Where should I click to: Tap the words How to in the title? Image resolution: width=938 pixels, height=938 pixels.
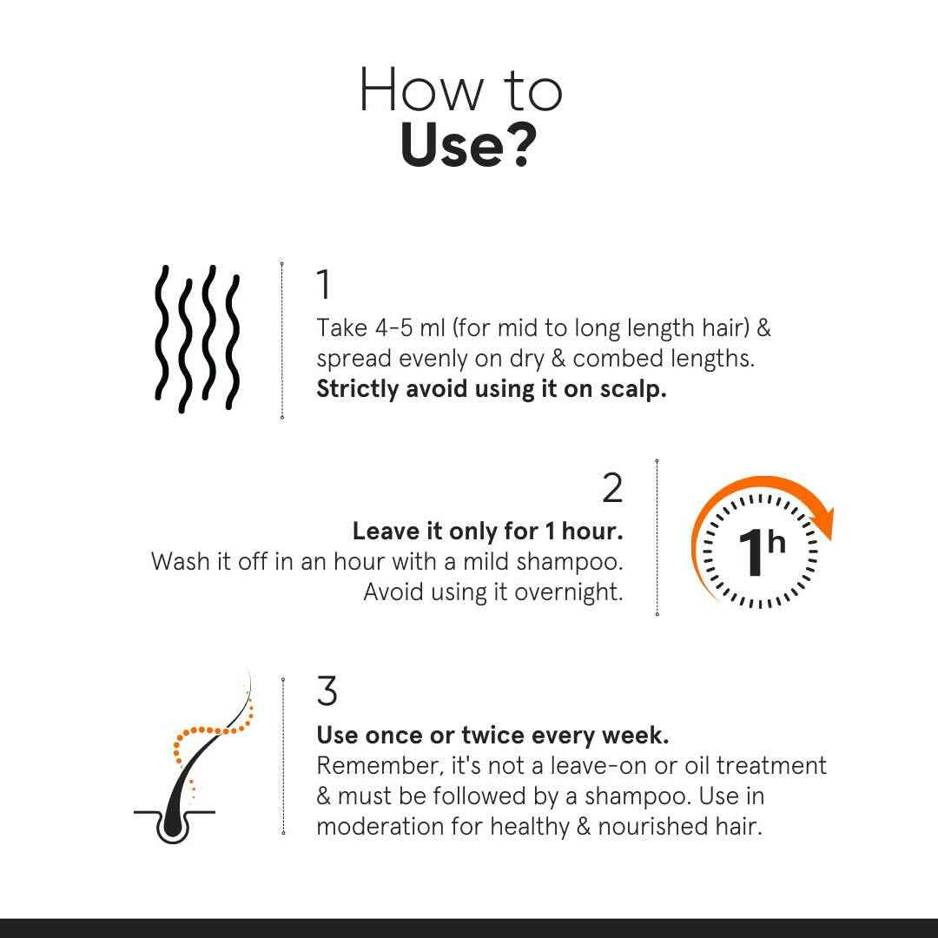click(x=460, y=89)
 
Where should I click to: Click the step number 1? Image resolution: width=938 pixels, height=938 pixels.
click(x=323, y=285)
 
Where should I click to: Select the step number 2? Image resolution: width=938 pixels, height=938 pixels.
click(x=612, y=488)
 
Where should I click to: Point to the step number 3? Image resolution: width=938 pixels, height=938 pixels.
click(x=327, y=691)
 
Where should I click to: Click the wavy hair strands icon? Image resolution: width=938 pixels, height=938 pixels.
click(x=197, y=339)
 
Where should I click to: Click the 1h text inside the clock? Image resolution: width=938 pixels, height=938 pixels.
click(x=760, y=551)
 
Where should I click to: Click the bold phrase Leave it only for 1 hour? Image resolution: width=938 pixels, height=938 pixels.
click(x=487, y=531)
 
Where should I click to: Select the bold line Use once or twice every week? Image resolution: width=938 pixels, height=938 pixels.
click(x=492, y=736)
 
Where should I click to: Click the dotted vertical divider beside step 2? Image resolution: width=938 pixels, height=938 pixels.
click(x=657, y=538)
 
